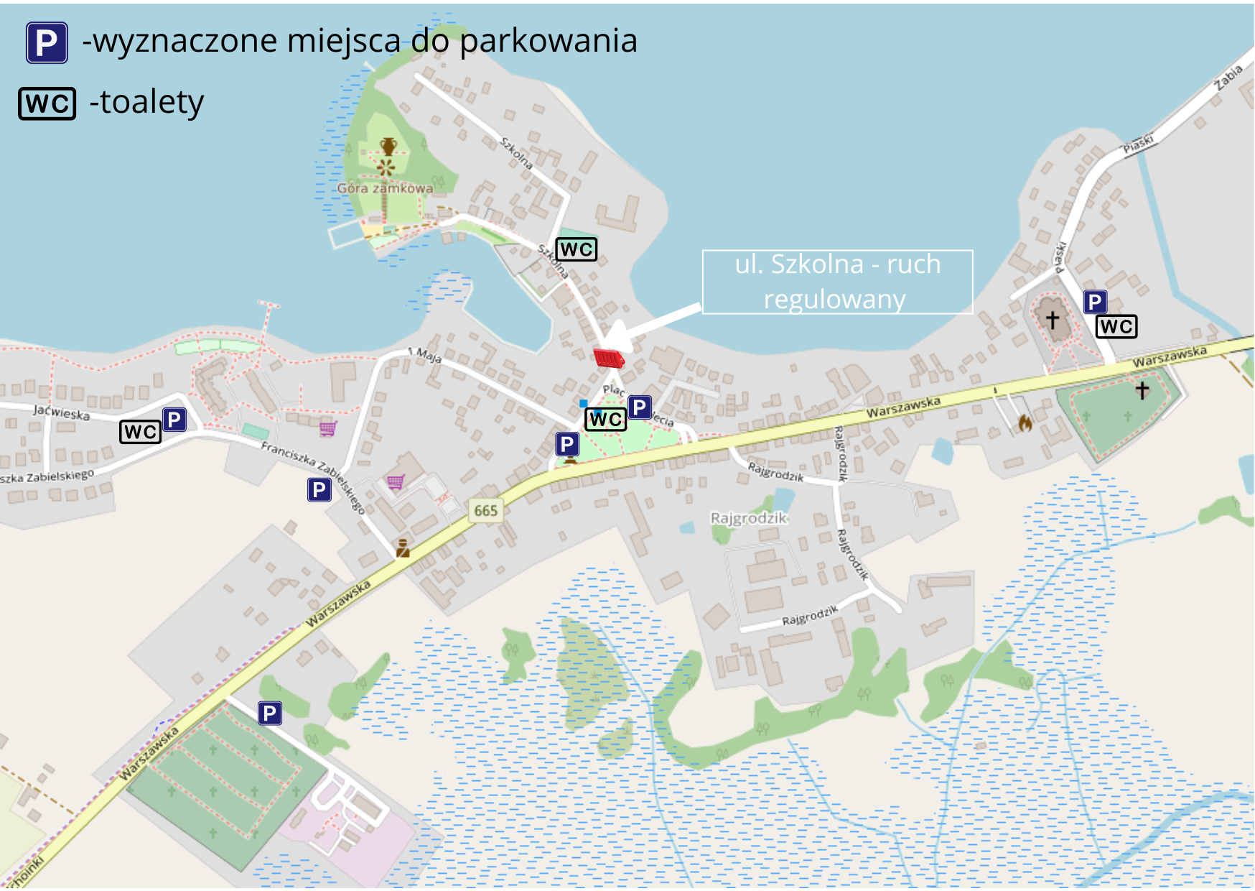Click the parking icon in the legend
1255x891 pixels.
point(47,42)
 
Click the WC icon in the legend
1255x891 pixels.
point(47,103)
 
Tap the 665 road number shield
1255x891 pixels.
point(486,511)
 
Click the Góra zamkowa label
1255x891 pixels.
point(385,188)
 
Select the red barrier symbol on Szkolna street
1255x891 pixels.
point(609,358)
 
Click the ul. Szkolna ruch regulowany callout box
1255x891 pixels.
point(837,282)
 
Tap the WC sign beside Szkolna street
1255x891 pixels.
point(577,249)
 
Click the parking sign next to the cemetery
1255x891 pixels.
point(269,713)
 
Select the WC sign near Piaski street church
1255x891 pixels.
point(1116,326)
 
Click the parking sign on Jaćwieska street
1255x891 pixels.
point(174,419)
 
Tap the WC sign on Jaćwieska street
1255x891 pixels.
point(140,431)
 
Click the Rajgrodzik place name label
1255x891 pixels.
point(748,518)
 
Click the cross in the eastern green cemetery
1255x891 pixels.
point(1142,389)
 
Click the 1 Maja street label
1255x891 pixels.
point(424,354)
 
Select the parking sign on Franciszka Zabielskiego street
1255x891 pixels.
point(319,489)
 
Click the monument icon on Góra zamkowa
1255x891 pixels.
point(388,147)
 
